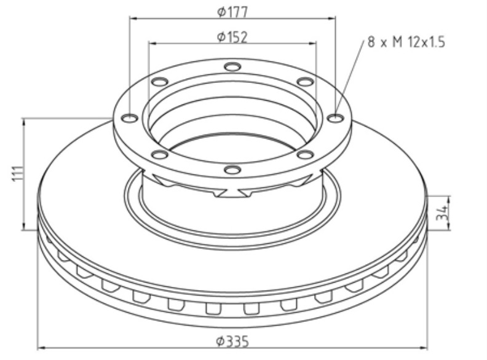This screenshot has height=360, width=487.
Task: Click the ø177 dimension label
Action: [232, 12]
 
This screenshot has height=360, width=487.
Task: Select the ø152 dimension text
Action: [232, 37]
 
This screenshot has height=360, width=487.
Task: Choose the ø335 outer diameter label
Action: [232, 342]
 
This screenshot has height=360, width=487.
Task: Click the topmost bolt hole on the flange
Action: [232, 66]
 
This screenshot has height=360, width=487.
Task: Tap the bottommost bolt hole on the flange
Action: [232, 170]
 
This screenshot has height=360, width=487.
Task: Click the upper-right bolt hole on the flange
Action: [304, 82]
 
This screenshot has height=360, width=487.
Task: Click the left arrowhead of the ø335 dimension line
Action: [41, 349]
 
